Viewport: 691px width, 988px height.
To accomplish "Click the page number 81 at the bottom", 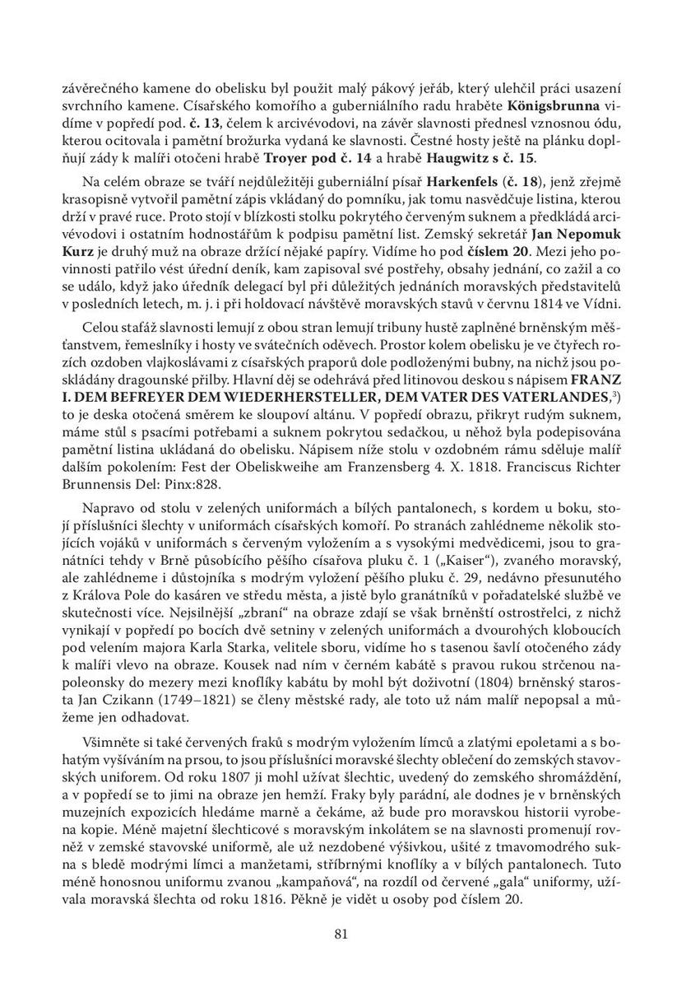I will coord(344,933).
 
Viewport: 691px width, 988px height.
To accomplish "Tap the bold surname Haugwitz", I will coord(520,157).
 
